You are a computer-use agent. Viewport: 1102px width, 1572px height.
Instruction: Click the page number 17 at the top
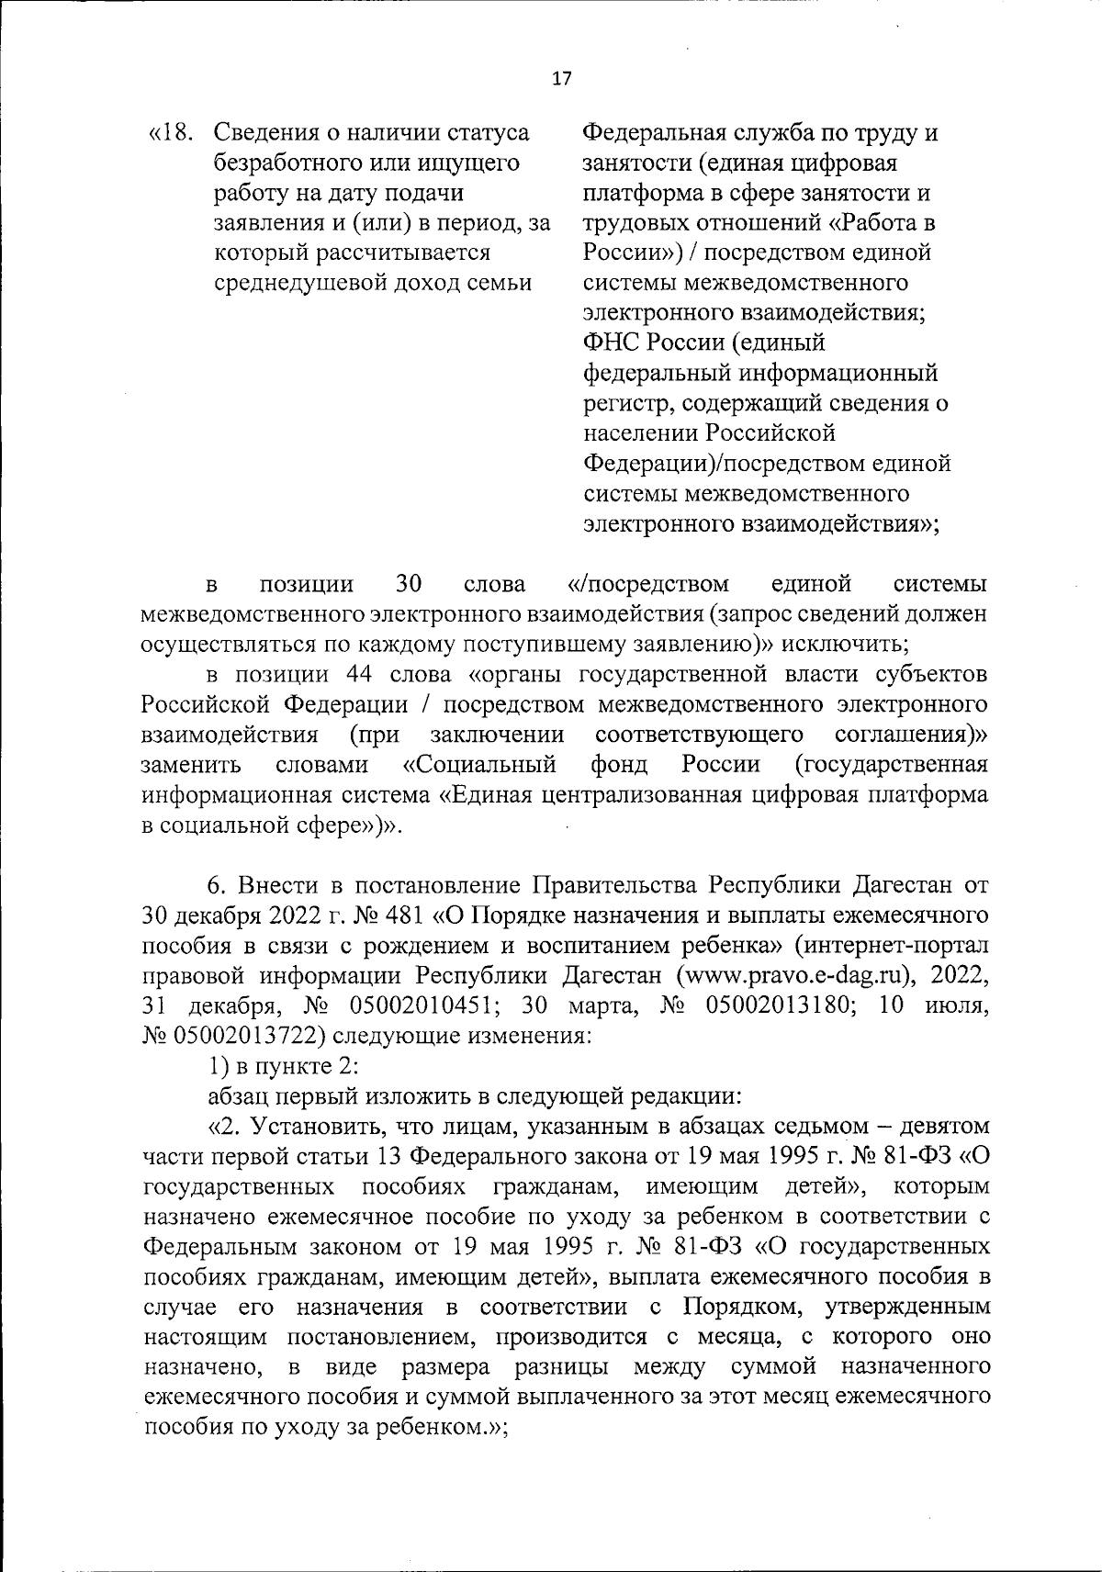561,79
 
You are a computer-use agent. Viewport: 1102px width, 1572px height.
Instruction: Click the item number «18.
172,134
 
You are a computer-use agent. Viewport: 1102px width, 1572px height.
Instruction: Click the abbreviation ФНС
608,342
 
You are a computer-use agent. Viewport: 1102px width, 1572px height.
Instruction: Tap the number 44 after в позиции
359,675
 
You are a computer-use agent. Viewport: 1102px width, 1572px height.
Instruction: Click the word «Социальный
480,764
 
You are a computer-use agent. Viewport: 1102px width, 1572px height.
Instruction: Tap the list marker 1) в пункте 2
219,1065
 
